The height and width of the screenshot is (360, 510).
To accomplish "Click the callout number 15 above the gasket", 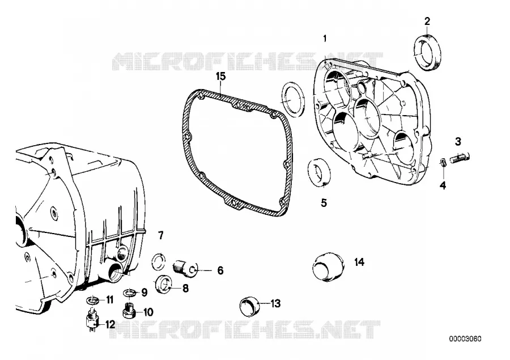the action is pyautogui.click(x=220, y=77).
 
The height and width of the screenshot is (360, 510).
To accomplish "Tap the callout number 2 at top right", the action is pyautogui.click(x=427, y=22).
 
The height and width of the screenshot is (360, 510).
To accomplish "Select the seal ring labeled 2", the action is pyautogui.click(x=428, y=52).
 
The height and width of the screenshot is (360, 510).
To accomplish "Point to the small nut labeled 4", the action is pyautogui.click(x=442, y=162).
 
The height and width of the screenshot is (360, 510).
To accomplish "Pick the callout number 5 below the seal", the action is pyautogui.click(x=324, y=203).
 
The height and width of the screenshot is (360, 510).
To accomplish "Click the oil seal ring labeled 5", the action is pyautogui.click(x=319, y=172).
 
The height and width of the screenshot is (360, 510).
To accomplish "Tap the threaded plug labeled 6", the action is pyautogui.click(x=184, y=268).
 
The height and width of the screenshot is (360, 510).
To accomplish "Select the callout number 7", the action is pyautogui.click(x=161, y=235).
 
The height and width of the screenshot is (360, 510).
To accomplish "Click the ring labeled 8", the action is pyautogui.click(x=162, y=283).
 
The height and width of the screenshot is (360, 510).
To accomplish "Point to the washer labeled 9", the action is pyautogui.click(x=130, y=293).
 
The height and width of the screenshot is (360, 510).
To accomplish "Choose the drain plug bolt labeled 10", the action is pyautogui.click(x=129, y=311).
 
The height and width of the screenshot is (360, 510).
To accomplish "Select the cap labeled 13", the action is pyautogui.click(x=249, y=306).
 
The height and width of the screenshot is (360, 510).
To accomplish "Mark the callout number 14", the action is pyautogui.click(x=359, y=262).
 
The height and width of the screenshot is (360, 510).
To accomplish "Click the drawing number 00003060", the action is pyautogui.click(x=465, y=339).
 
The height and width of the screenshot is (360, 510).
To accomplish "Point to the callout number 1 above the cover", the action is pyautogui.click(x=325, y=39).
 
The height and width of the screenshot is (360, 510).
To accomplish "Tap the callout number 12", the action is pyautogui.click(x=110, y=324).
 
